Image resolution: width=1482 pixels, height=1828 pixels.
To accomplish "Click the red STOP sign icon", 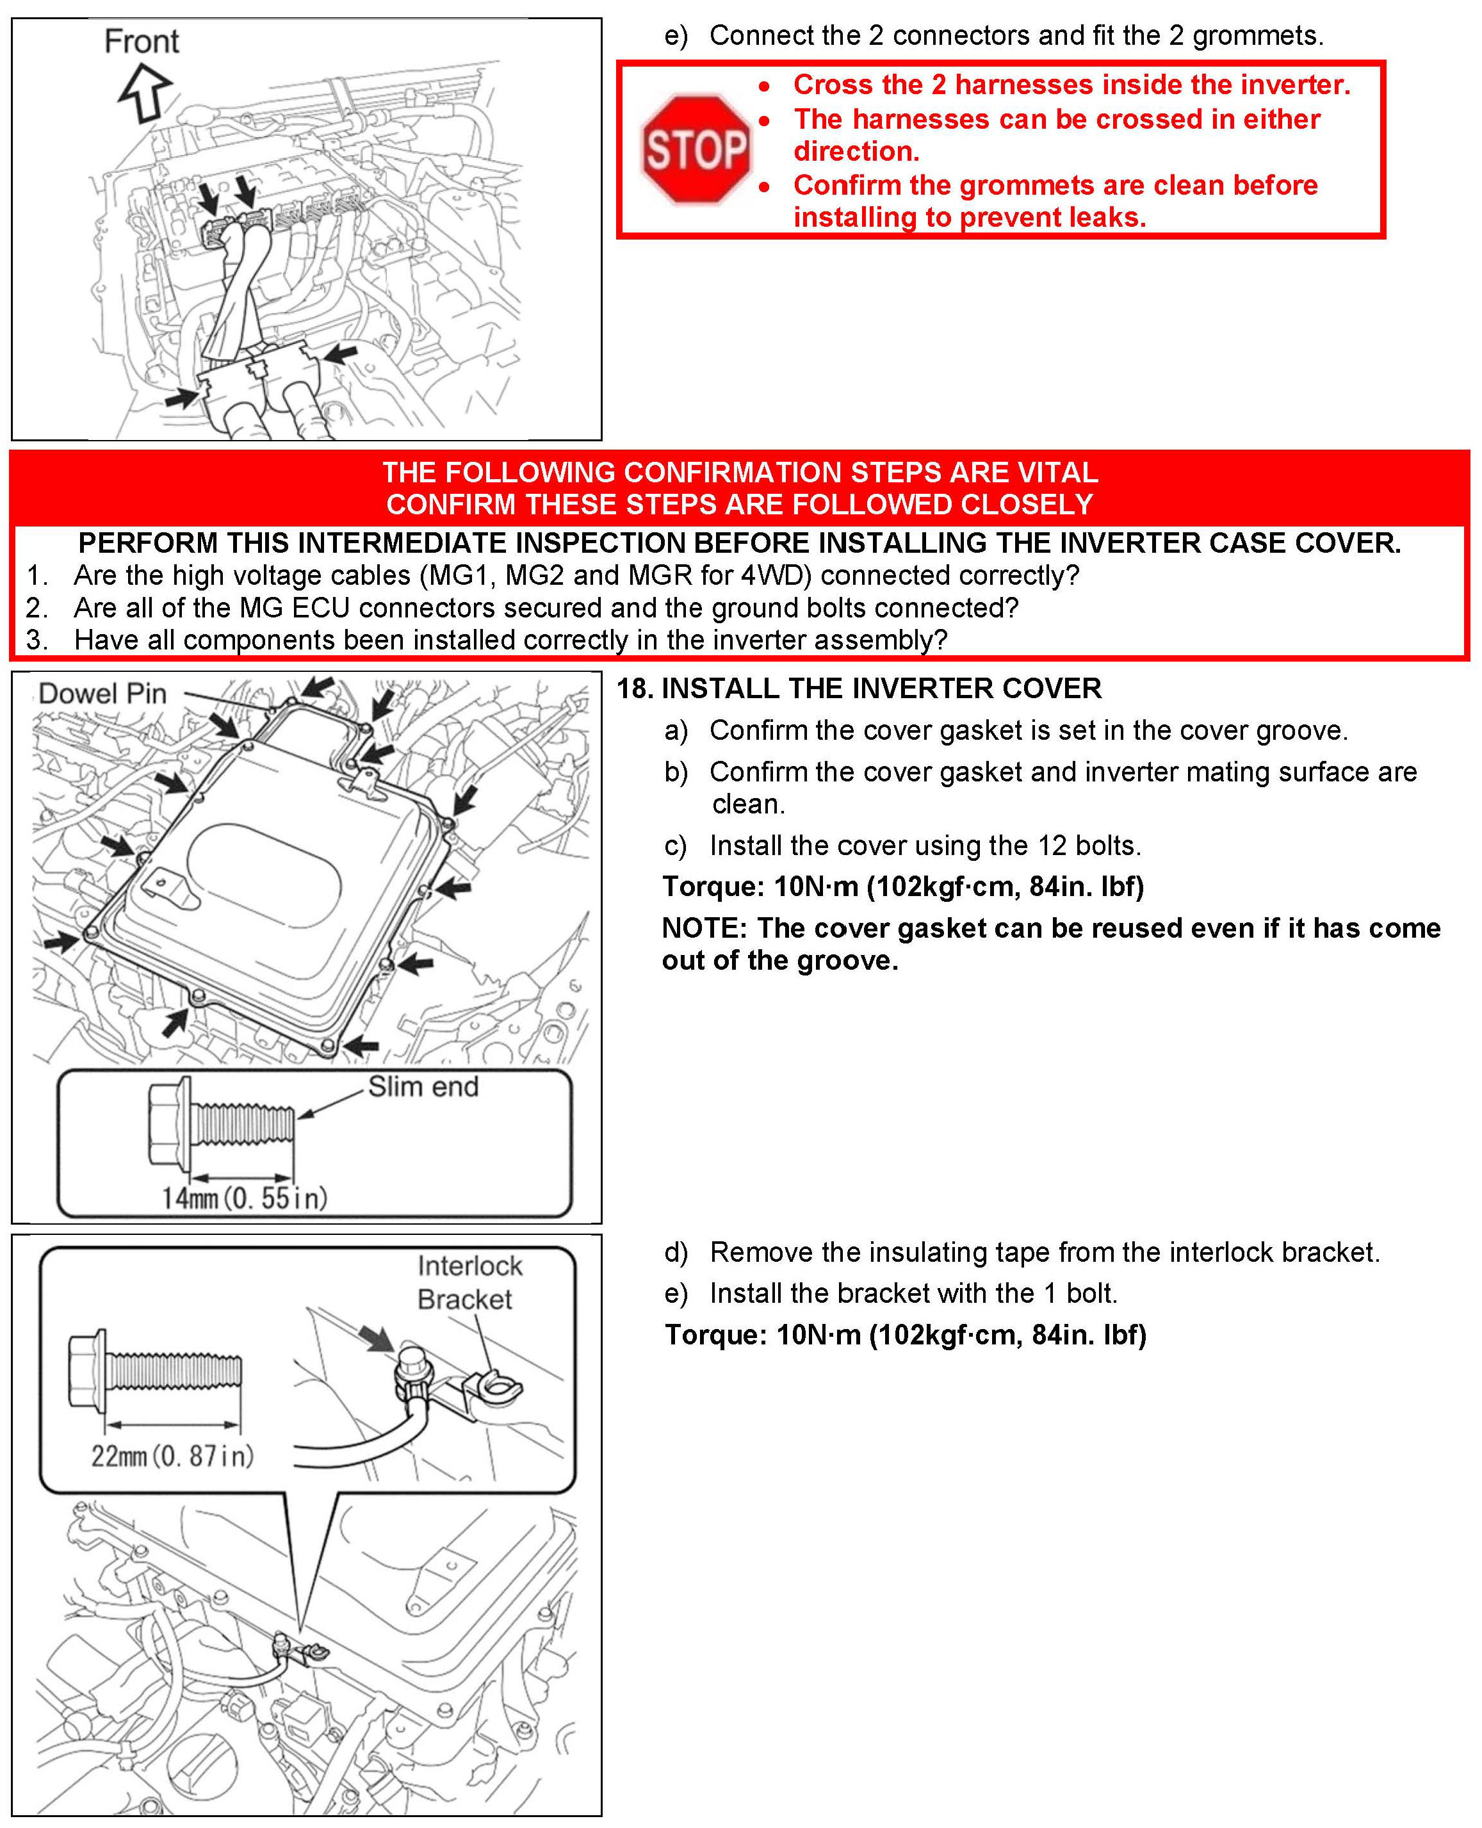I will [696, 149].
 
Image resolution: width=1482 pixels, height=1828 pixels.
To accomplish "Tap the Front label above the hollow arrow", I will [142, 41].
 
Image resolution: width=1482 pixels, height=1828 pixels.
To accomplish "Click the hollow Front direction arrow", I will [146, 92].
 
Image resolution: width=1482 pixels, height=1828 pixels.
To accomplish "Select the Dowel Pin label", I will [102, 693].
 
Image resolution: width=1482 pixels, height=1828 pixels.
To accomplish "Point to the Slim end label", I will [423, 1087].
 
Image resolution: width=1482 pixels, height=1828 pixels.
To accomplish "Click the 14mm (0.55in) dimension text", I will [244, 1198].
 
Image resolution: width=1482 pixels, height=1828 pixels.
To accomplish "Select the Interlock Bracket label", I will [469, 1282].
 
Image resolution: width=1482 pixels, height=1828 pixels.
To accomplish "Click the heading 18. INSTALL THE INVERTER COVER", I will [859, 688].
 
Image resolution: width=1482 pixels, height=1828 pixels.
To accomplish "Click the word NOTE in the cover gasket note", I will [704, 928].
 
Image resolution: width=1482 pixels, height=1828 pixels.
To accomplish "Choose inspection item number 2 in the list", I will [36, 608].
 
